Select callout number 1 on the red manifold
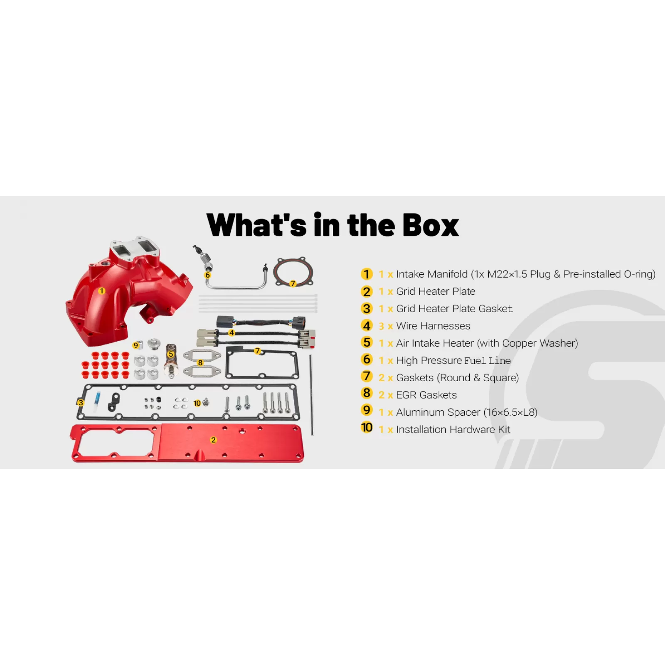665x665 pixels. [x=101, y=291]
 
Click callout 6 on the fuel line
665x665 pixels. [x=208, y=275]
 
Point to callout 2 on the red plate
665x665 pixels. [x=213, y=440]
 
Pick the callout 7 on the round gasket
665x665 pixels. [x=293, y=283]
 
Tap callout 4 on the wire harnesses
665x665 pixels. [x=232, y=333]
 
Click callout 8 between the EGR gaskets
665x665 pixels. [x=200, y=363]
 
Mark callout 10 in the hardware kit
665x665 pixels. [x=197, y=403]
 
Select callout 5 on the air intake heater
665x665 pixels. [x=171, y=354]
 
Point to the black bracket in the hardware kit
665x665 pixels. [x=113, y=402]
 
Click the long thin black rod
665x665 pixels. [x=311, y=395]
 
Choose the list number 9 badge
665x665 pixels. [x=367, y=410]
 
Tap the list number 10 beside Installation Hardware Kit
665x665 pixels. [x=367, y=428]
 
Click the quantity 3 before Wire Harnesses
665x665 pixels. [x=381, y=326]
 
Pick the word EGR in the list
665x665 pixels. [x=406, y=395]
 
